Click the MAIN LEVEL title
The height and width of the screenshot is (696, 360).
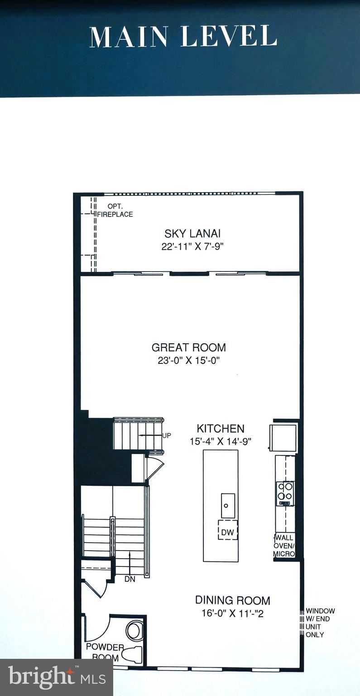[x=183, y=37]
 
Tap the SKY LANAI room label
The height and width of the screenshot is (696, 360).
[x=192, y=234]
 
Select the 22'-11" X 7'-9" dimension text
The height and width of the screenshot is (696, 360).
[x=192, y=247]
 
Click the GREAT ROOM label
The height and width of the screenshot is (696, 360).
[x=188, y=348]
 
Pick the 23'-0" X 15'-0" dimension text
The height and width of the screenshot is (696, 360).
[x=188, y=361]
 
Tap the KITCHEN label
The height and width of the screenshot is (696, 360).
[x=221, y=429]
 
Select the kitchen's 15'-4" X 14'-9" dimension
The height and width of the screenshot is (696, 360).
[x=221, y=441]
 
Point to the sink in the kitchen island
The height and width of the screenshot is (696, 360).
[x=228, y=506]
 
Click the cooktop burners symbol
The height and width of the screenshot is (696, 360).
[x=286, y=491]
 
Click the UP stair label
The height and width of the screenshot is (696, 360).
[x=167, y=435]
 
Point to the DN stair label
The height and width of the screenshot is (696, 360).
[x=130, y=579]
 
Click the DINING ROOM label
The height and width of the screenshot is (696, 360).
[x=233, y=600]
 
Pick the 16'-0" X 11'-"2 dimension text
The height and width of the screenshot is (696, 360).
[x=233, y=614]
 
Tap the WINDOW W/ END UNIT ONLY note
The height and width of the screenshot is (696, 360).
[x=320, y=623]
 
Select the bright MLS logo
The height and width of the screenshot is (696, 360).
[x=57, y=677]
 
